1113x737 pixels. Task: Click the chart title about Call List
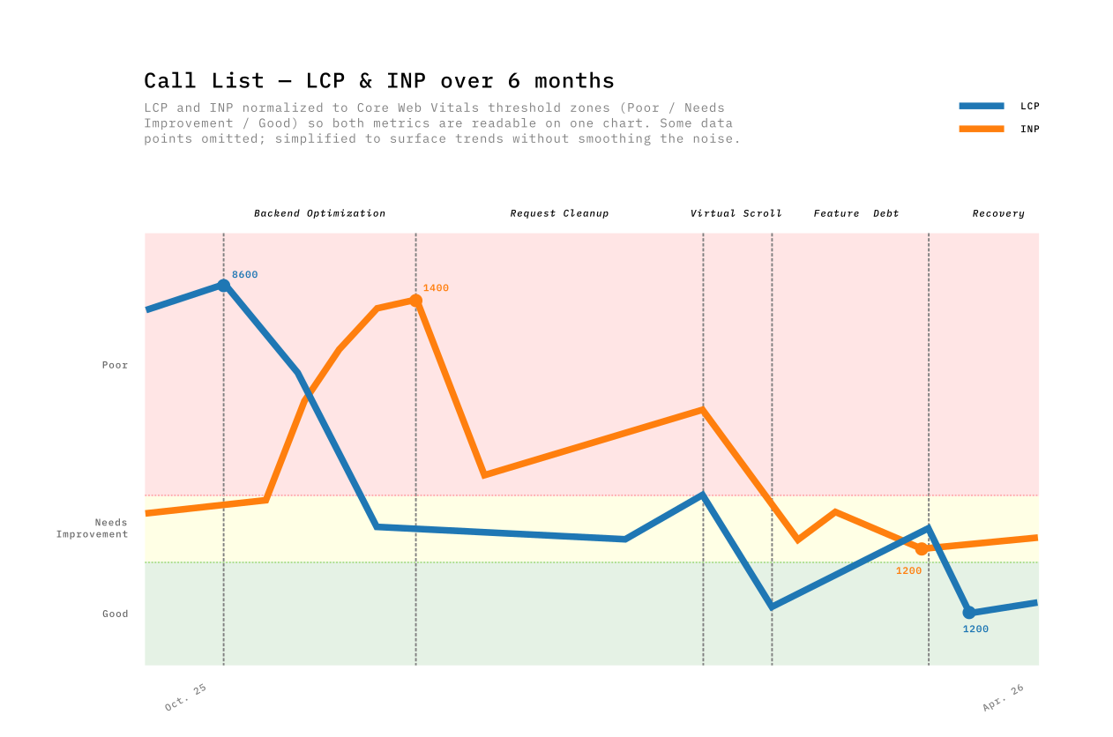click(379, 80)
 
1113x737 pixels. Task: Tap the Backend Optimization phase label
click(319, 213)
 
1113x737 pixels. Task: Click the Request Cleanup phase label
click(559, 213)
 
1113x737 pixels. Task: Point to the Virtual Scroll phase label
click(736, 213)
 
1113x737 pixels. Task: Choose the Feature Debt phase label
click(855, 213)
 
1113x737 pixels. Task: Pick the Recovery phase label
click(998, 213)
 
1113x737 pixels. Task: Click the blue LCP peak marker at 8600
click(223, 286)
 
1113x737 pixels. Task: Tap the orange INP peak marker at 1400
click(415, 301)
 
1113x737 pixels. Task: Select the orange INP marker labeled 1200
click(922, 549)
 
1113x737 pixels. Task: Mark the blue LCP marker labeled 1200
click(968, 613)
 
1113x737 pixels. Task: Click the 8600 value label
click(245, 275)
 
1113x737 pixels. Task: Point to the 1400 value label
click(436, 288)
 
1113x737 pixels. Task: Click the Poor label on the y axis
click(115, 365)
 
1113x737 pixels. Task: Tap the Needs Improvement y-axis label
click(93, 528)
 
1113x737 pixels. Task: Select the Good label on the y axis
click(115, 614)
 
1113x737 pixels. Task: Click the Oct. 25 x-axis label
click(185, 697)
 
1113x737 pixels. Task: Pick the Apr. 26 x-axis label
click(1003, 697)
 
